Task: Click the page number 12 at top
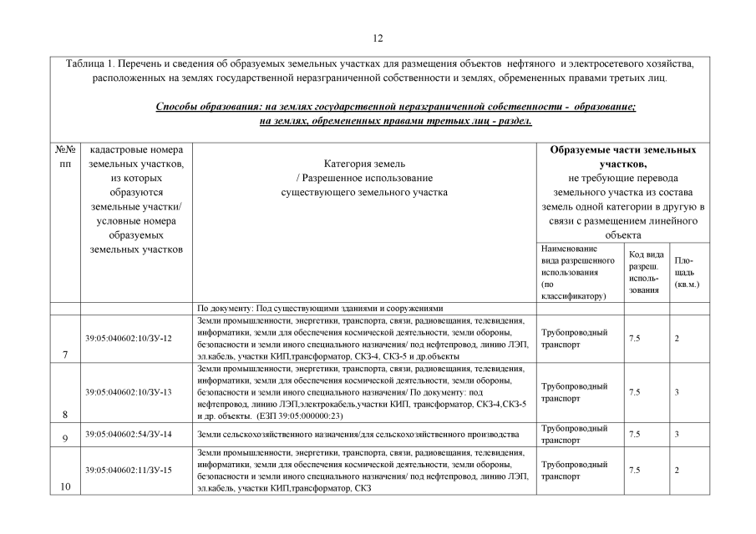pos(378,38)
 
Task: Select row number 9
pos(64,437)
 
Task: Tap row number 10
pos(64,488)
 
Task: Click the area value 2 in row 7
pos(677,338)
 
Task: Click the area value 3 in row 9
pos(677,435)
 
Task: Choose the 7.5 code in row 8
pos(634,391)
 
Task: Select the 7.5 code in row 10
pos(634,470)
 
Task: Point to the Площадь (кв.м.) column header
pos(686,272)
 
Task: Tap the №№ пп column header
pos(65,156)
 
